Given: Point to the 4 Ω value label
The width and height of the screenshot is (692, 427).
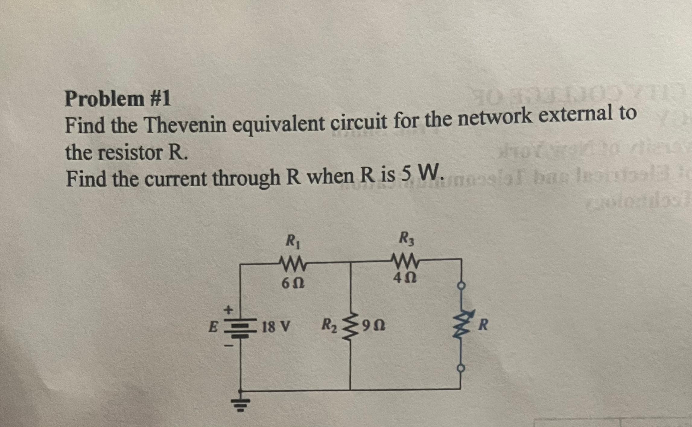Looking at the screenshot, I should tap(405, 277).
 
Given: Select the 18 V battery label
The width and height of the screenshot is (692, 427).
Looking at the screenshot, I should tap(276, 326).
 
